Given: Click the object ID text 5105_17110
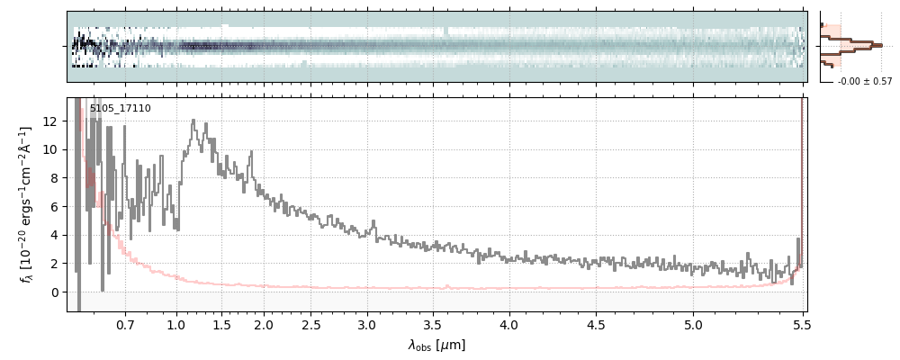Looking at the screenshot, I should coord(121,109).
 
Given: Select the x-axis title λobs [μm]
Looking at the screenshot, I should coord(436,346).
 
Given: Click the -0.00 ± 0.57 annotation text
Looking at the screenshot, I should coord(865,82).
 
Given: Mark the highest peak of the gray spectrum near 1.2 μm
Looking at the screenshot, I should coord(193,121).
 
